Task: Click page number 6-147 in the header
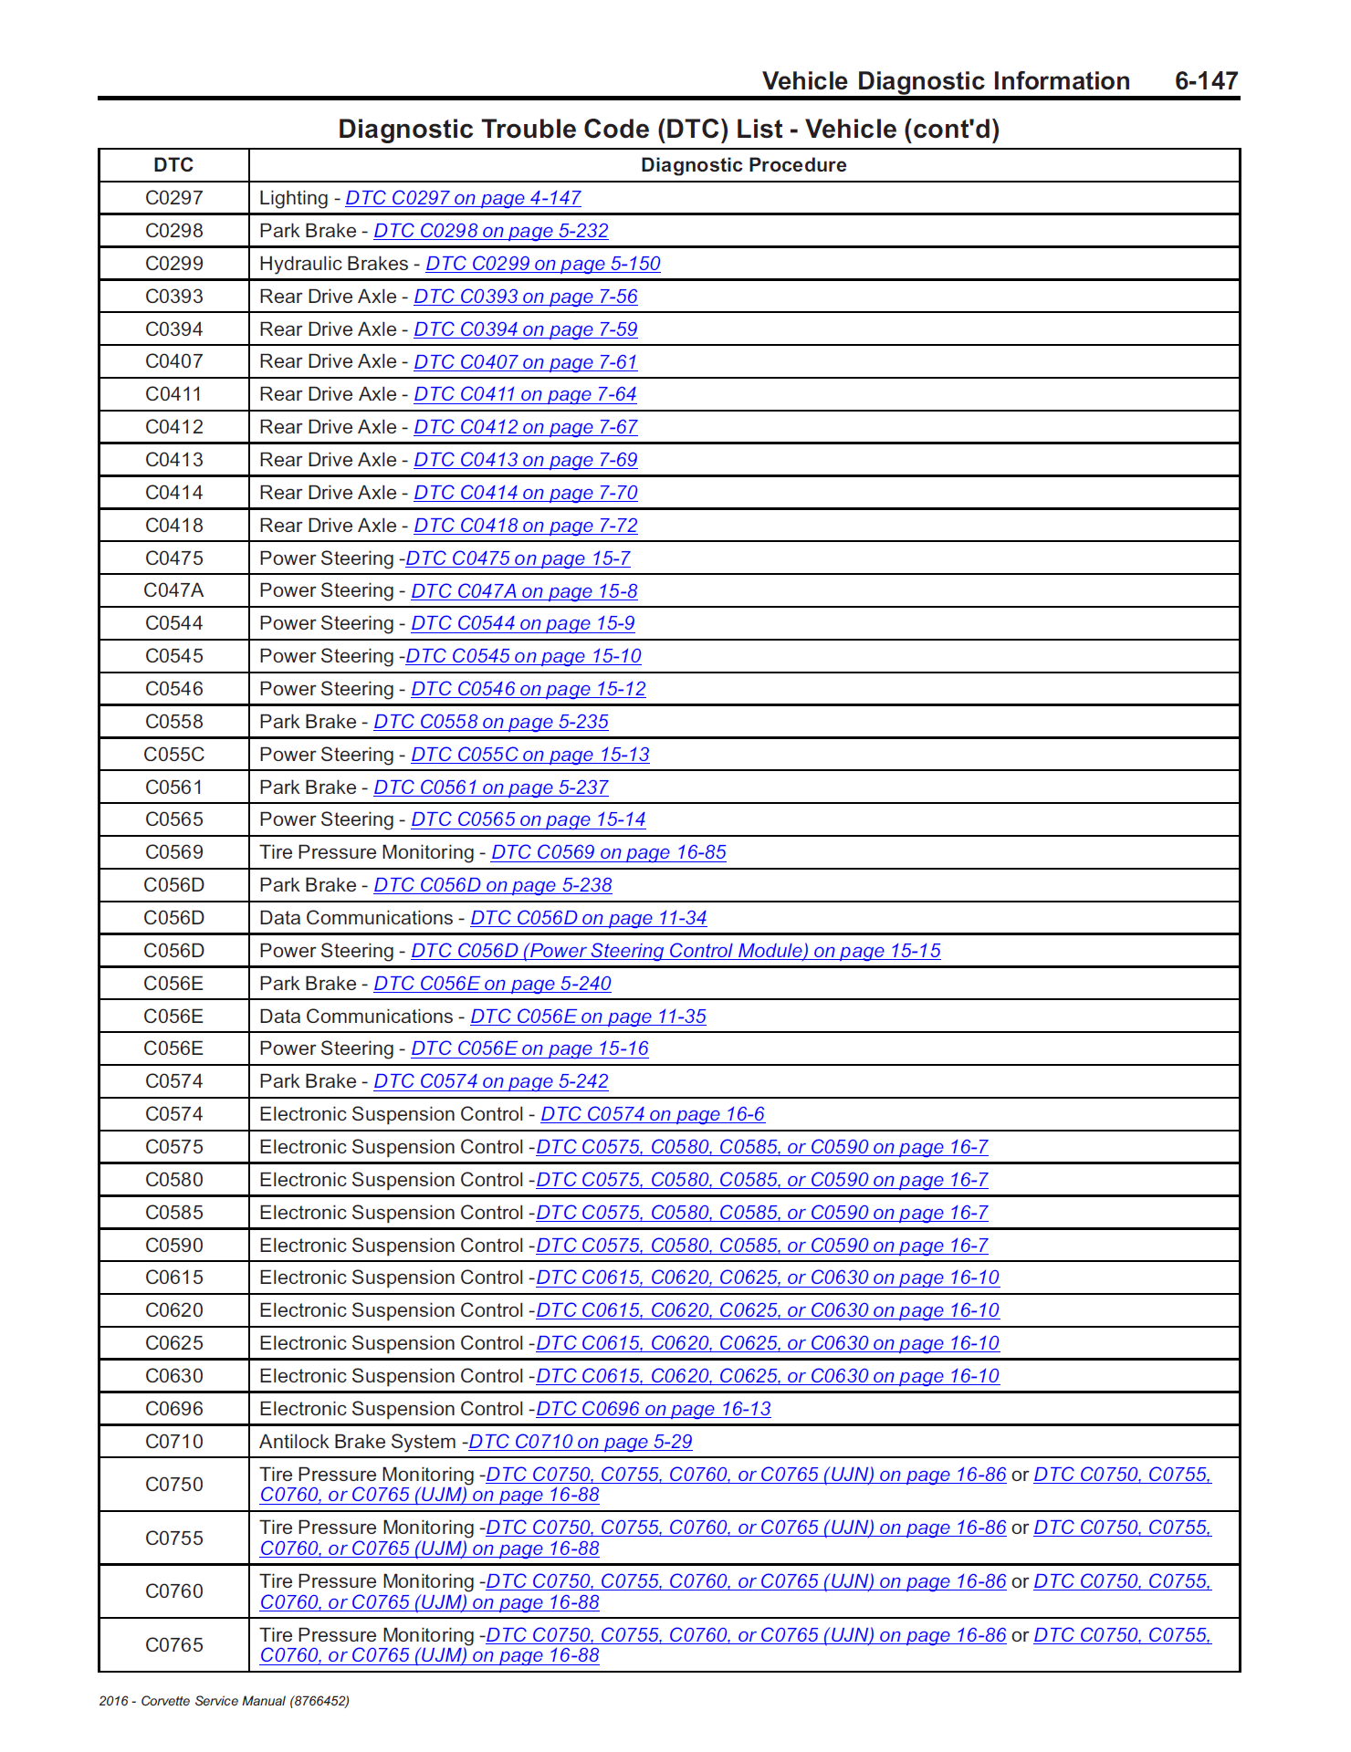(x=1205, y=81)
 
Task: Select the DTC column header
(x=173, y=165)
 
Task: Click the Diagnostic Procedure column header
(x=743, y=165)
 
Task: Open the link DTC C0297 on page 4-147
(x=463, y=198)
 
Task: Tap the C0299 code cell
(x=173, y=264)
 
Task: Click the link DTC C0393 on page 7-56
(x=525, y=297)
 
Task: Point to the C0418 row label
(x=173, y=526)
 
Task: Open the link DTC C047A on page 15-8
(x=524, y=591)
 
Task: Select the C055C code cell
(x=173, y=755)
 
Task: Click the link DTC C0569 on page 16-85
(x=609, y=852)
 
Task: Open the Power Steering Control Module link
(x=675, y=951)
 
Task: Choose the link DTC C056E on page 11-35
(x=588, y=1017)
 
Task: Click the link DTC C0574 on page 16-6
(x=653, y=1114)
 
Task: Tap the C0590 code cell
(x=173, y=1246)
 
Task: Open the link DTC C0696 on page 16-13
(x=654, y=1409)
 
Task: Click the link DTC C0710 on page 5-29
(x=581, y=1442)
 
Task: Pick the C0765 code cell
(x=173, y=1645)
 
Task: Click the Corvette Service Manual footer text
(x=225, y=1701)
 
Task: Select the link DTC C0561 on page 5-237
(x=491, y=787)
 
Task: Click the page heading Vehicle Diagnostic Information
(x=946, y=81)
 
